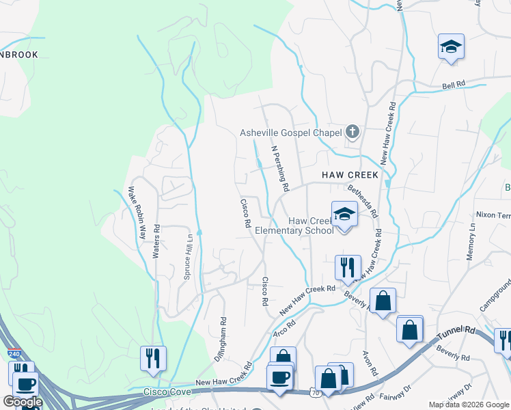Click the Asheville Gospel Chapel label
[290, 133]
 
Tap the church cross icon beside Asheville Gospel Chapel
[353, 132]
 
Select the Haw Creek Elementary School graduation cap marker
[344, 215]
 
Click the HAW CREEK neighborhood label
[350, 176]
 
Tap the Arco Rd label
[284, 328]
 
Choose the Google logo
[23, 402]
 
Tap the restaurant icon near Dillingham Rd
[152, 358]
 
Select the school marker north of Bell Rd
[451, 47]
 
